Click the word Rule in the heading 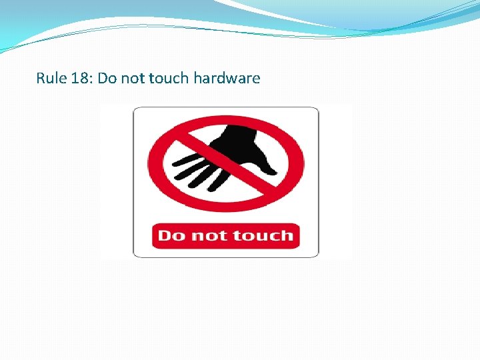[x=50, y=78]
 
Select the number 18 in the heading [x=79, y=78]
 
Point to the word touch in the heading [x=169, y=78]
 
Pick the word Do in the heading [x=107, y=78]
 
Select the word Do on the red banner [x=171, y=235]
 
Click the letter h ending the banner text [x=287, y=235]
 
